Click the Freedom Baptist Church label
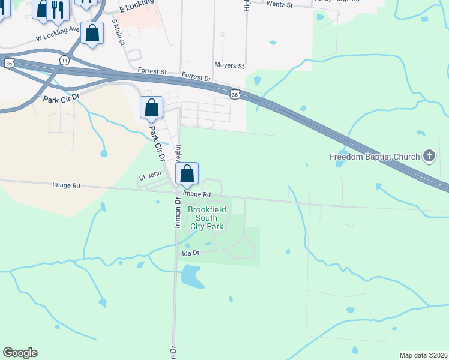[x=375, y=157]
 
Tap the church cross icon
[x=429, y=156]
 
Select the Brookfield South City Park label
[x=206, y=218]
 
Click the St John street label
[x=150, y=177]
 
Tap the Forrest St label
[x=152, y=71]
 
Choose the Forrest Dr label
[x=197, y=77]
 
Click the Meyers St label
[x=229, y=65]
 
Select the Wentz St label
[x=279, y=5]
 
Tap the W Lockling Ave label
[x=58, y=33]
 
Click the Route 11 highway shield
[x=64, y=59]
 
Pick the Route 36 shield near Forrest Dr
[x=235, y=94]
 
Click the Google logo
[x=20, y=353]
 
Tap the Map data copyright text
[x=423, y=355]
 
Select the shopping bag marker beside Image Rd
[x=187, y=173]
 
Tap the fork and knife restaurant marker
[x=58, y=8]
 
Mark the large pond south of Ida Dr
[x=191, y=275]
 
